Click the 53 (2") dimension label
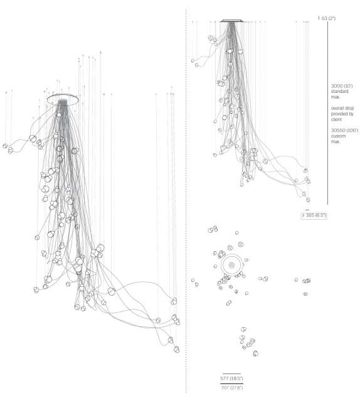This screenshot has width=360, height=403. pyautogui.click(x=329, y=18)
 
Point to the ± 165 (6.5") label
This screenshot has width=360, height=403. pyautogui.click(x=314, y=215)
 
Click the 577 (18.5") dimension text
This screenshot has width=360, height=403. pyautogui.click(x=231, y=379)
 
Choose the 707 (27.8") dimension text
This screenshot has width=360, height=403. pyautogui.click(x=231, y=387)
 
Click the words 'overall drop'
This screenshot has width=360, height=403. pyautogui.click(x=342, y=108)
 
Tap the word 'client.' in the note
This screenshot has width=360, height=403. pyautogui.click(x=336, y=119)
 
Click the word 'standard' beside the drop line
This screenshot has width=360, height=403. pyautogui.click(x=339, y=92)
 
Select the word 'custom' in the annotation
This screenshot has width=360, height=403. pyautogui.click(x=338, y=136)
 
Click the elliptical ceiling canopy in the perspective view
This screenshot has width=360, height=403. pyautogui.click(x=63, y=95)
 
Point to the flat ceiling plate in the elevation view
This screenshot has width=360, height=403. pyautogui.click(x=232, y=21)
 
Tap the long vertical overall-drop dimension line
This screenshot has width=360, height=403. pyautogui.click(x=327, y=113)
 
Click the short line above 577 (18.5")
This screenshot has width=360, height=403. pyautogui.click(x=231, y=373)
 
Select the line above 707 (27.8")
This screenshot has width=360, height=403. pyautogui.click(x=231, y=384)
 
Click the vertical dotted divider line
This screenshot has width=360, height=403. pyautogui.click(x=186, y=200)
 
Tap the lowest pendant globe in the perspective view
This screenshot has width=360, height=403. pyautogui.click(x=176, y=350)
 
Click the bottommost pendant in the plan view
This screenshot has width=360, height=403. pyautogui.click(x=255, y=353)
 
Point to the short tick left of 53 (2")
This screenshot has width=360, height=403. pyautogui.click(x=319, y=18)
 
